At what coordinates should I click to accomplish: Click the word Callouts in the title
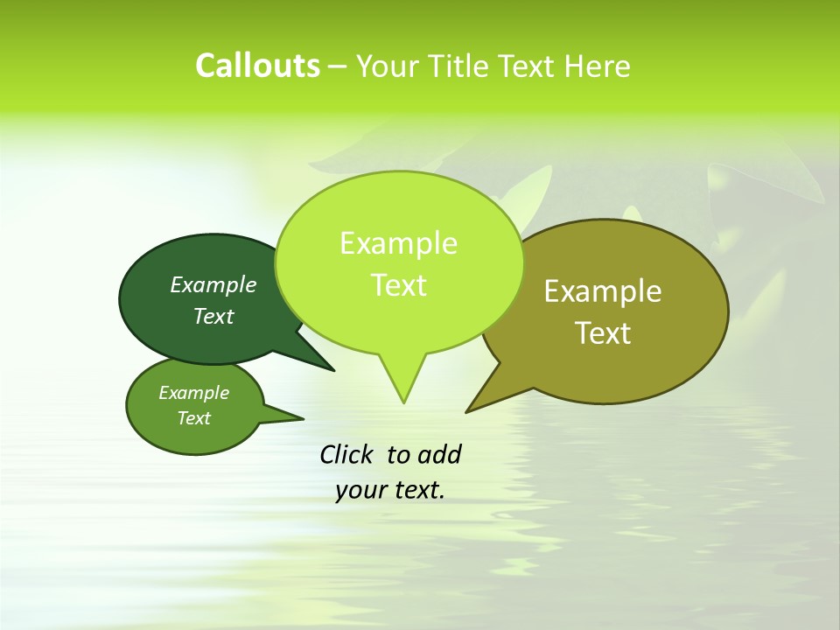(257, 66)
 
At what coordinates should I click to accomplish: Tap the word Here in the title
(599, 66)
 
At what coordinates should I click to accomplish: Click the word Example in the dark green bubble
(213, 284)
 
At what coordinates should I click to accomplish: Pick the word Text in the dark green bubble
(213, 316)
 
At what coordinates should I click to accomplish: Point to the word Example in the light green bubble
(398, 243)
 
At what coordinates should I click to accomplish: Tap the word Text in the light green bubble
(398, 285)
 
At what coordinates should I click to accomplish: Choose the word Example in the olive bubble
(603, 290)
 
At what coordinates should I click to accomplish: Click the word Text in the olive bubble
(603, 333)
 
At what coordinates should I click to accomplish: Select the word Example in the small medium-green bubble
(194, 393)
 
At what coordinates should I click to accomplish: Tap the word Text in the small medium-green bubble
(194, 418)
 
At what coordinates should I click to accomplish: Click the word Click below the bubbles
(346, 454)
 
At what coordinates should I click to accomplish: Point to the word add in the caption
(439, 454)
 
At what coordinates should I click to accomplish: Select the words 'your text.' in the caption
(390, 490)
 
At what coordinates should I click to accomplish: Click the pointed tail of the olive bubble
(477, 404)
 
